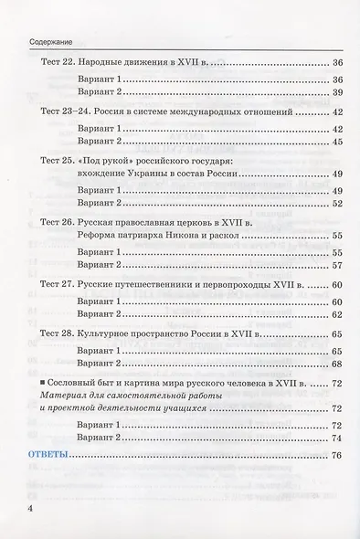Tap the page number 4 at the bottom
pyautogui.click(x=17, y=507)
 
